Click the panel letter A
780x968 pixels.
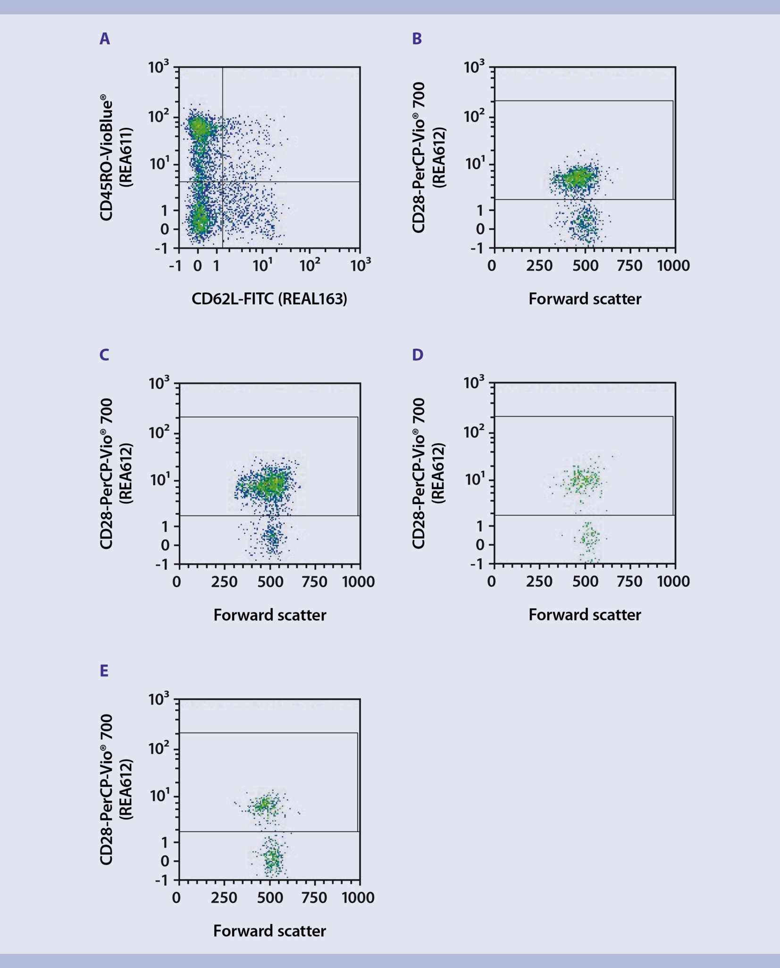(105, 39)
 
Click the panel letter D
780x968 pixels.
(417, 355)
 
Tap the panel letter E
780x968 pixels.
(104, 671)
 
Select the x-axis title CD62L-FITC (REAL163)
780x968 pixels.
(269, 299)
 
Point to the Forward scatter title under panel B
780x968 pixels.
(585, 299)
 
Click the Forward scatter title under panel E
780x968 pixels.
(269, 931)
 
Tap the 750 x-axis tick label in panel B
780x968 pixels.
(629, 266)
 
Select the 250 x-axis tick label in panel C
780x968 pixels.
(224, 582)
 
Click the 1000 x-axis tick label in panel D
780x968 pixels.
(673, 581)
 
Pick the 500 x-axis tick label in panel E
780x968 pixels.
(270, 898)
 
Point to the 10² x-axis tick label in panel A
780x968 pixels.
(310, 265)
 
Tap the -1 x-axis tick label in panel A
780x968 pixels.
(175, 266)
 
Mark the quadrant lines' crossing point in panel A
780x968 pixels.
(222, 181)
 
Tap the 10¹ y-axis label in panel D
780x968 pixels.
(474, 480)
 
